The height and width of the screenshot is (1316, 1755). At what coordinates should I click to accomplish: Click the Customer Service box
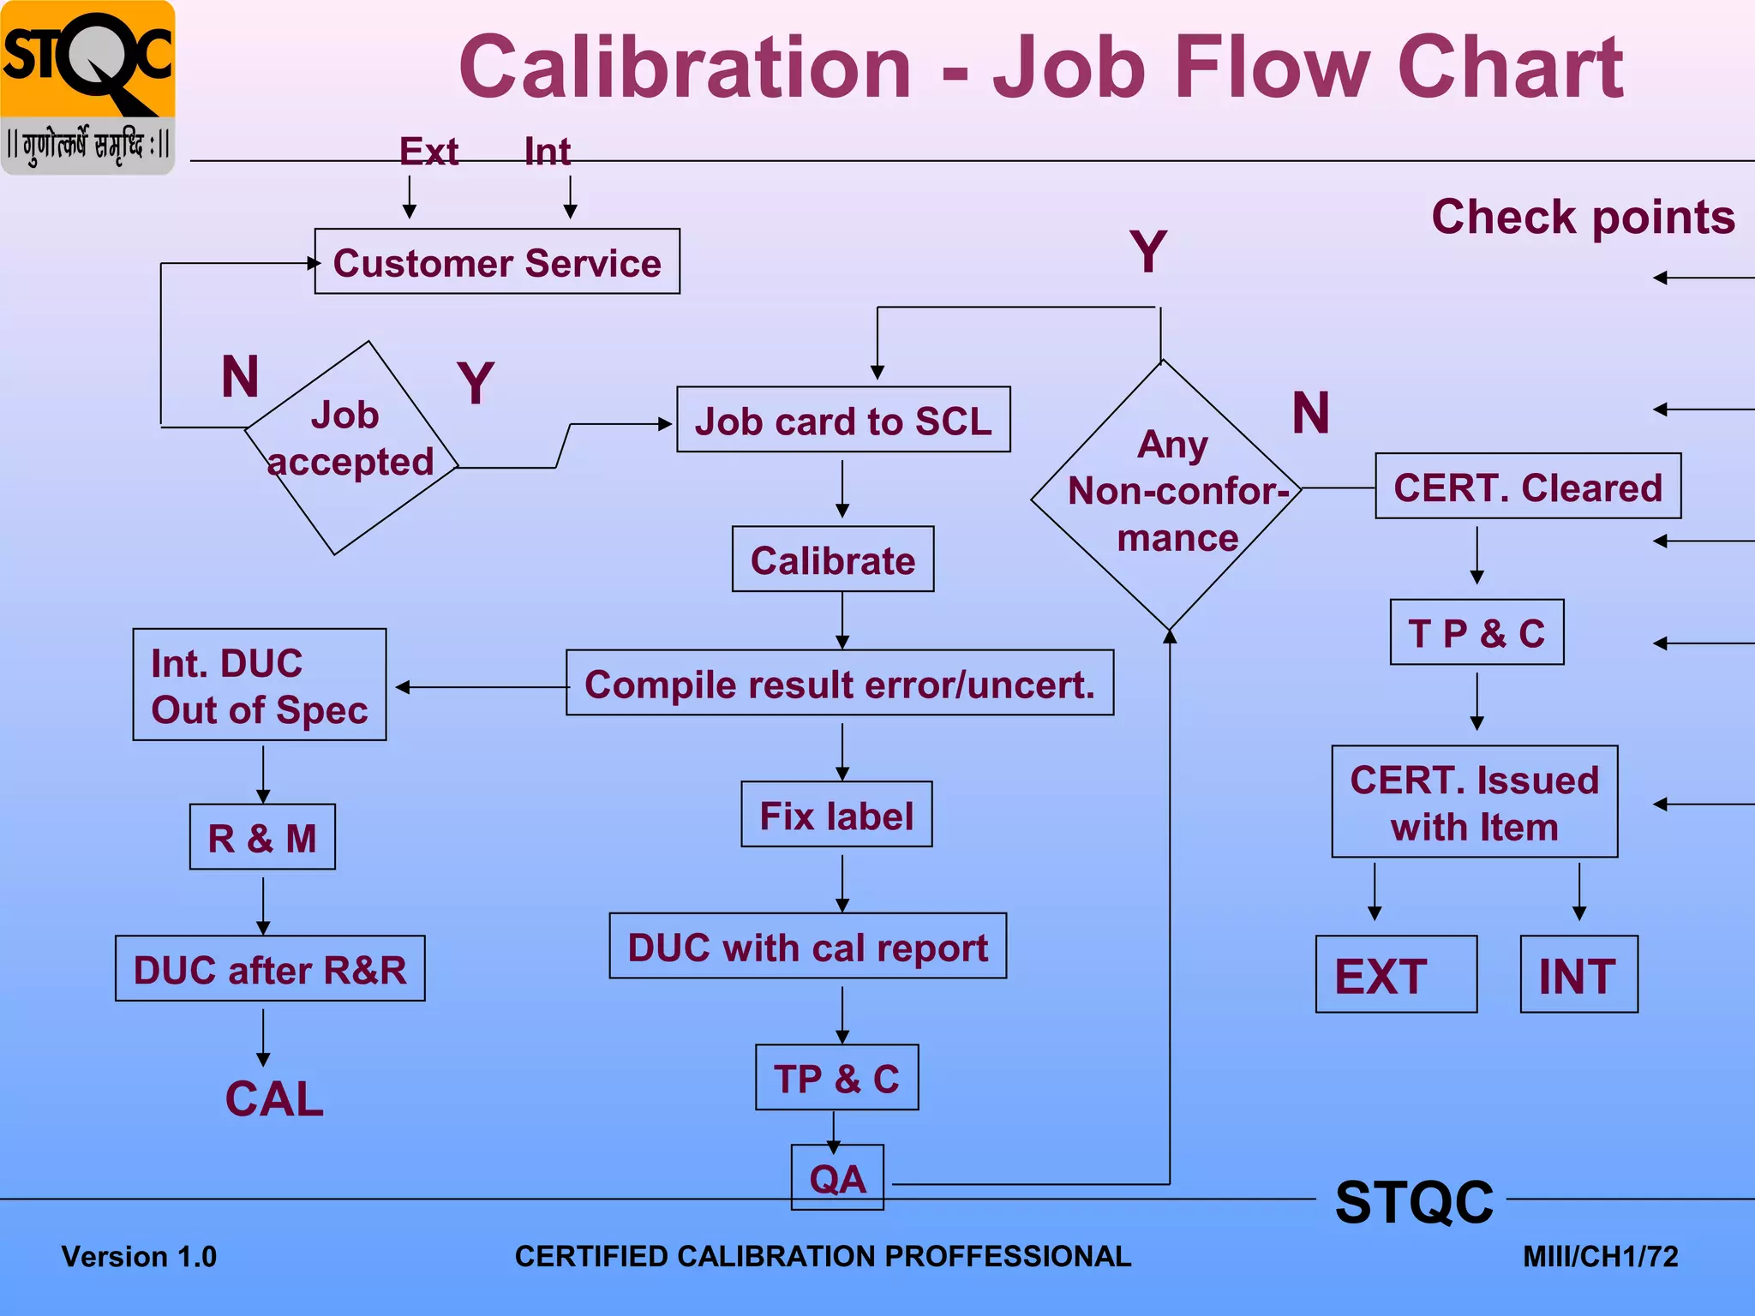click(x=497, y=261)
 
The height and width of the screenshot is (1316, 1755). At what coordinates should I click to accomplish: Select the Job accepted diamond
click(x=351, y=447)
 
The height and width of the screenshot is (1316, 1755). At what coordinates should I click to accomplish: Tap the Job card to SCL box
click(x=843, y=420)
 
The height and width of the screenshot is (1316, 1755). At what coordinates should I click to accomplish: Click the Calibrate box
click(x=833, y=559)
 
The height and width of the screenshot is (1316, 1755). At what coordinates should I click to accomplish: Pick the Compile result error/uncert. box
click(x=840, y=683)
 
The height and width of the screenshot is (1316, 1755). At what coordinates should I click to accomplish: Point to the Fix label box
click(x=836, y=814)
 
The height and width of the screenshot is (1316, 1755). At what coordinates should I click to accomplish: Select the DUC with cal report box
click(x=807, y=946)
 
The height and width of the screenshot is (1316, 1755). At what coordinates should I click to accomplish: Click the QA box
click(x=837, y=1177)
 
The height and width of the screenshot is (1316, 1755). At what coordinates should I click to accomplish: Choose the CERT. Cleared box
click(x=1528, y=486)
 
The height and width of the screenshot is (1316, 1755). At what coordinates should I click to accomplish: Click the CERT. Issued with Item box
click(x=1475, y=802)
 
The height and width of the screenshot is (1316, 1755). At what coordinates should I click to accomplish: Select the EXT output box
click(x=1396, y=974)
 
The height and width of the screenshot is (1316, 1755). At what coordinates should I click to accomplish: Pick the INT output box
click(x=1578, y=974)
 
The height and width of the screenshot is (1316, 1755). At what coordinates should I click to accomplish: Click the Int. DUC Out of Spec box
click(x=260, y=685)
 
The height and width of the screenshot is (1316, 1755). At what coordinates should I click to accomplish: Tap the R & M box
click(x=262, y=837)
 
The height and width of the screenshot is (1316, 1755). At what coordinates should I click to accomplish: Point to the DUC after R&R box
click(x=270, y=968)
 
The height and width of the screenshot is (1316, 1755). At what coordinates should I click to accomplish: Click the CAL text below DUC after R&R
click(x=274, y=1098)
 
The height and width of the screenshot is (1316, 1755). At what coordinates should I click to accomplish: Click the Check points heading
click(x=1583, y=216)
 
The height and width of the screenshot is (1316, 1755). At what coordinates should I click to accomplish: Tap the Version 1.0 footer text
click(x=139, y=1256)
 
